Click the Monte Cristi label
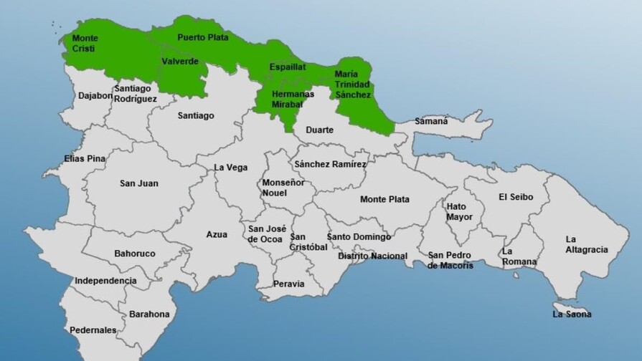85,43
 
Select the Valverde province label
180,62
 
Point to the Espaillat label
288,67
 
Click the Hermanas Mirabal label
293,98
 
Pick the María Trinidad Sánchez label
353,84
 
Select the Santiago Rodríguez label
135,93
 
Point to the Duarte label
319,130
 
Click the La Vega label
231,168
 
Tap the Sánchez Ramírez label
330,164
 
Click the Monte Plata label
384,199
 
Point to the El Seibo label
516,197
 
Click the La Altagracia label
586,244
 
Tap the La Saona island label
572,314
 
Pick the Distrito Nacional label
372,256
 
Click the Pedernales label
93,330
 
